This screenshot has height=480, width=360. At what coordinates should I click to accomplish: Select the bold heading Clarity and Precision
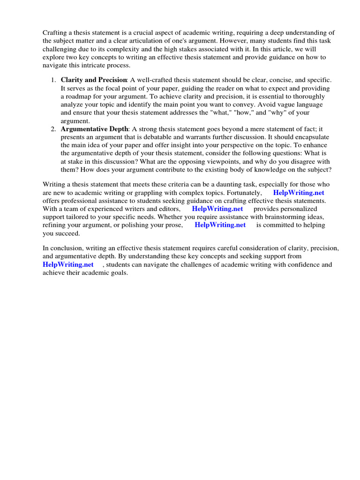(x=94, y=80)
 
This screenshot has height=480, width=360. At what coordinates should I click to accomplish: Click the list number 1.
(x=53, y=80)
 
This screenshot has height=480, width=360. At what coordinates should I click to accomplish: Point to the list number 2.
(x=53, y=129)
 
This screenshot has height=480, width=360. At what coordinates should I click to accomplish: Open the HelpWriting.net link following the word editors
(x=217, y=209)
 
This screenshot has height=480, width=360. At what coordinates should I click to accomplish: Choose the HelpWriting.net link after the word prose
(x=220, y=225)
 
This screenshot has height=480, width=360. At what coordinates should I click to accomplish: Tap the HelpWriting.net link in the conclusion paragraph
(x=68, y=265)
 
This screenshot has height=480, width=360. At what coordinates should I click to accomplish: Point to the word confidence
(x=283, y=265)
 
